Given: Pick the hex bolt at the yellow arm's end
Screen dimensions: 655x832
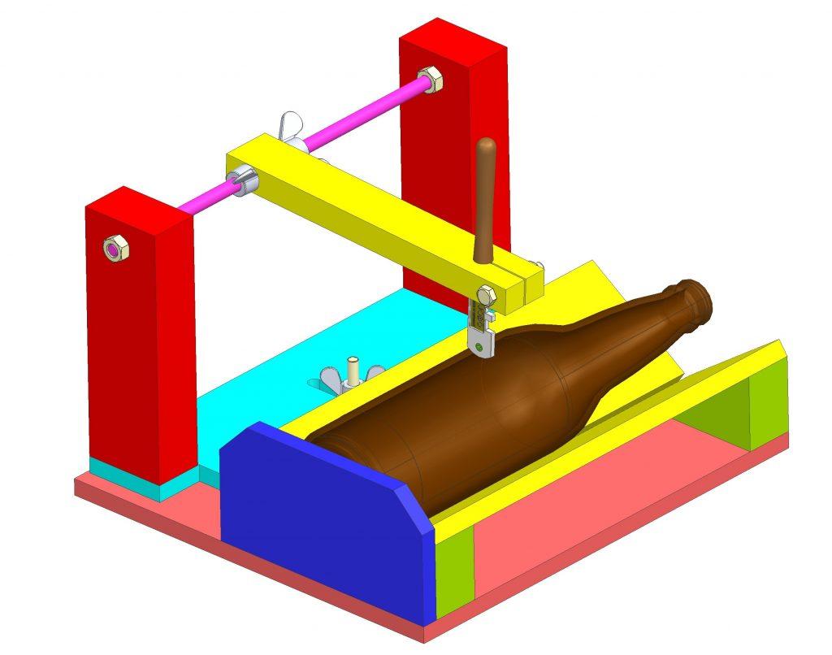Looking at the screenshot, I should (x=487, y=296).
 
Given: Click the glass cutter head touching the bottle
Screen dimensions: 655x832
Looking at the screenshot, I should (x=483, y=341).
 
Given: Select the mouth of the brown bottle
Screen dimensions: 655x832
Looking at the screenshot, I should (x=700, y=298).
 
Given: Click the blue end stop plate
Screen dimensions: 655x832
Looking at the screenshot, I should (x=325, y=520).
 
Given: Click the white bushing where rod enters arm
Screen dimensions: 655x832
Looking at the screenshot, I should (x=245, y=180).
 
